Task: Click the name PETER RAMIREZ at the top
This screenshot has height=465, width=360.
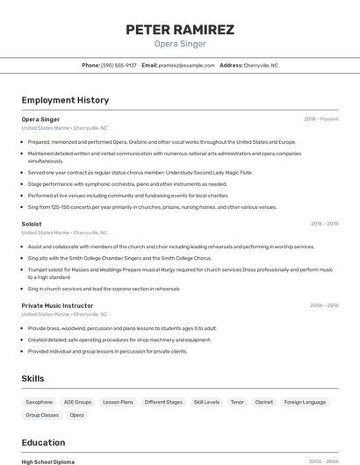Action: pyautogui.click(x=180, y=30)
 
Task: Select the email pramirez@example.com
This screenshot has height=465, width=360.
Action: pyautogui.click(x=186, y=65)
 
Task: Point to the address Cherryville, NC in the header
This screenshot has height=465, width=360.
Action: pyautogui.click(x=261, y=65)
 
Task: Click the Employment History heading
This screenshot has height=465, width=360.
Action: pyautogui.click(x=65, y=100)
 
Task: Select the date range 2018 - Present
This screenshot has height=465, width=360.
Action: pyautogui.click(x=320, y=118)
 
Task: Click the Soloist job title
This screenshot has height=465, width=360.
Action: pyautogui.click(x=32, y=224)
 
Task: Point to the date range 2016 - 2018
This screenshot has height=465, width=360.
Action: pyautogui.click(x=324, y=224)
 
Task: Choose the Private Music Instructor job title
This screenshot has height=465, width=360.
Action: pyautogui.click(x=57, y=305)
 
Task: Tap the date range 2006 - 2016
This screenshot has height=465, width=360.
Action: pyautogui.click(x=324, y=305)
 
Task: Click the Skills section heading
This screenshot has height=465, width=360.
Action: pyautogui.click(x=33, y=378)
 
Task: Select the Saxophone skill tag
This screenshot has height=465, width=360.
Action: pyautogui.click(x=40, y=402)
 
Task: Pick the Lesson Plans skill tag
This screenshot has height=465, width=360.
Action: pyautogui.click(x=118, y=402)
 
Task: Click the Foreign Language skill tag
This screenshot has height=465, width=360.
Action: pyautogui.click(x=305, y=402)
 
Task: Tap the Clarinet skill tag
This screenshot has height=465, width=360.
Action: pyautogui.click(x=264, y=402)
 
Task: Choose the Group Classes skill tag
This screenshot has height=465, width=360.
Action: pyautogui.click(x=42, y=415)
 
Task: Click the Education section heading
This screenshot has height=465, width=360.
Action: pyautogui.click(x=43, y=442)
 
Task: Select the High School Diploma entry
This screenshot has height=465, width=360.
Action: pyautogui.click(x=48, y=461)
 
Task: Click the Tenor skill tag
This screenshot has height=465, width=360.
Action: pyautogui.click(x=237, y=402)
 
